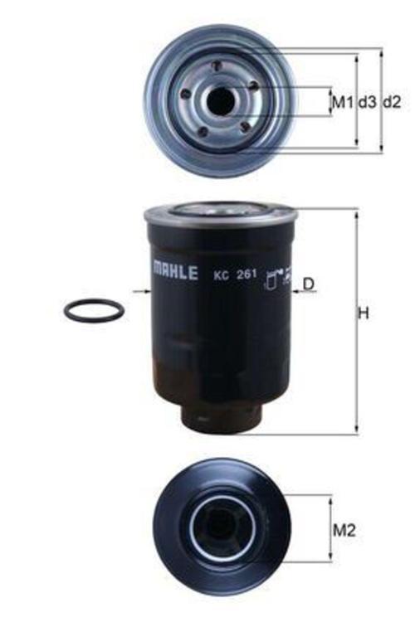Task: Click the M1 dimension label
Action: point(342,102)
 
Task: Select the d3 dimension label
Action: point(367,102)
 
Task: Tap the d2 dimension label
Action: point(392,102)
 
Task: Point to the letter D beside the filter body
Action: point(309,284)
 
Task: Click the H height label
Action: point(363,314)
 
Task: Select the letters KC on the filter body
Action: point(221,275)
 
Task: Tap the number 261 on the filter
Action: point(247,275)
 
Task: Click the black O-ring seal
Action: point(94,311)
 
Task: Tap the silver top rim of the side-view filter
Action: point(220,213)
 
